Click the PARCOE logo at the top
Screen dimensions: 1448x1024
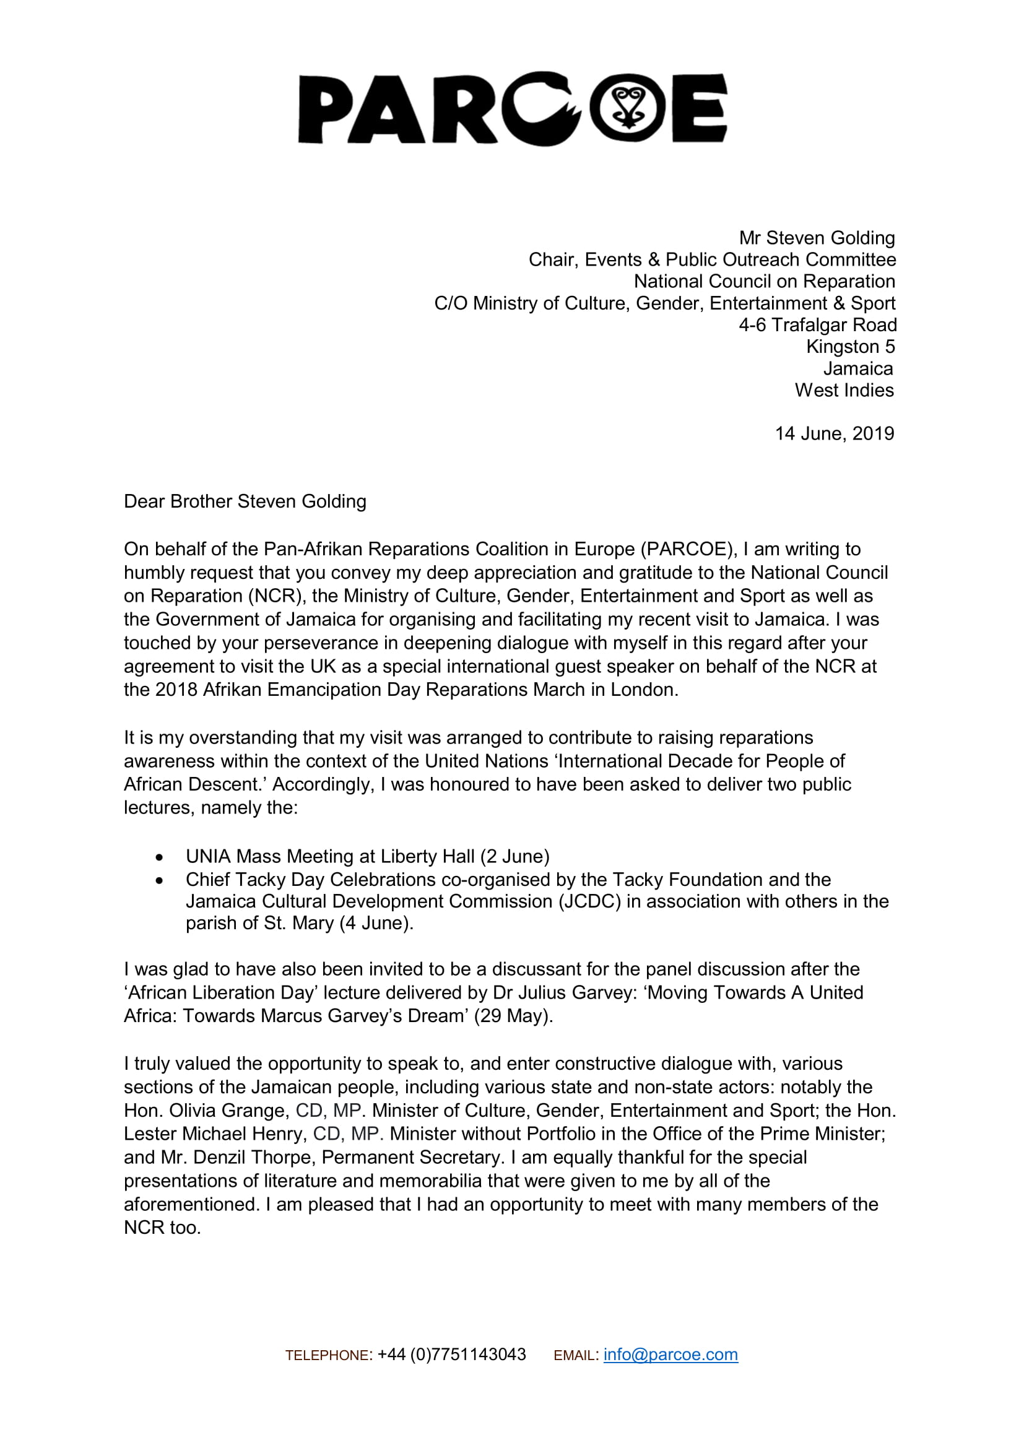[x=512, y=108]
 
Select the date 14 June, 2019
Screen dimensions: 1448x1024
[x=833, y=434]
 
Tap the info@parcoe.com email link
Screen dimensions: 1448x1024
[x=670, y=1355]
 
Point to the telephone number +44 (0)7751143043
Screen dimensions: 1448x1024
[x=451, y=1355]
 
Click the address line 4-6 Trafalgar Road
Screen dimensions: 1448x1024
[x=817, y=325]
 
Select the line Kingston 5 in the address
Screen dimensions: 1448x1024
[x=850, y=347]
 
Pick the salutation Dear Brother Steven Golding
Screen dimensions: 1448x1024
[x=245, y=501]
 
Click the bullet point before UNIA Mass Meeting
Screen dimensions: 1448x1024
[x=160, y=857]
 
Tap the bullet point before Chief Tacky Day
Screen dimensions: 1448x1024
[x=160, y=880]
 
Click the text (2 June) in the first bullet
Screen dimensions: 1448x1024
[x=514, y=856]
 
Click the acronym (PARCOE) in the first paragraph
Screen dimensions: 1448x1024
[x=688, y=549]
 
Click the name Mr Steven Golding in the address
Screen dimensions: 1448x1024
[x=817, y=238]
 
